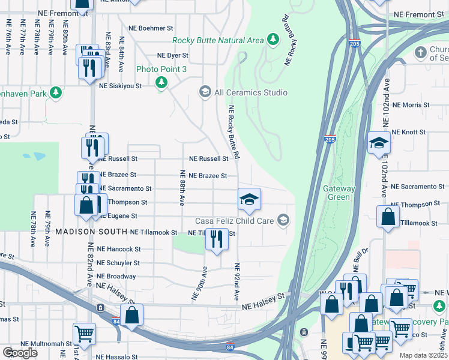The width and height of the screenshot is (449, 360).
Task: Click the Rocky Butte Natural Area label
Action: click(x=217, y=40)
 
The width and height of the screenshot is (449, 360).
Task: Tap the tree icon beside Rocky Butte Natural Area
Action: click(x=273, y=40)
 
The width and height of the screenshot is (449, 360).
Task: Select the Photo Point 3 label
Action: click(x=161, y=70)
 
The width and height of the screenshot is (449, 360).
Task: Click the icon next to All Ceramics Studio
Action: click(x=205, y=92)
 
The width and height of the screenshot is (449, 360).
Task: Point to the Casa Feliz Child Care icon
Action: click(x=283, y=221)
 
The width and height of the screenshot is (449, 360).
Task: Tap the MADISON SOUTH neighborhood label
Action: click(x=92, y=232)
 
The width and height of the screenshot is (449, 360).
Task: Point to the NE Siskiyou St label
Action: click(x=120, y=86)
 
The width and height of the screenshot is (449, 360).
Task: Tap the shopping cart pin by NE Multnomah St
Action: click(x=84, y=333)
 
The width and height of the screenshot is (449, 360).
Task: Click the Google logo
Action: click(x=20, y=353)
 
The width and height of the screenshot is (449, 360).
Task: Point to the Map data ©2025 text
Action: click(x=423, y=355)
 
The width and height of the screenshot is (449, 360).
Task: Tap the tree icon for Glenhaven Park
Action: click(x=56, y=92)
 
